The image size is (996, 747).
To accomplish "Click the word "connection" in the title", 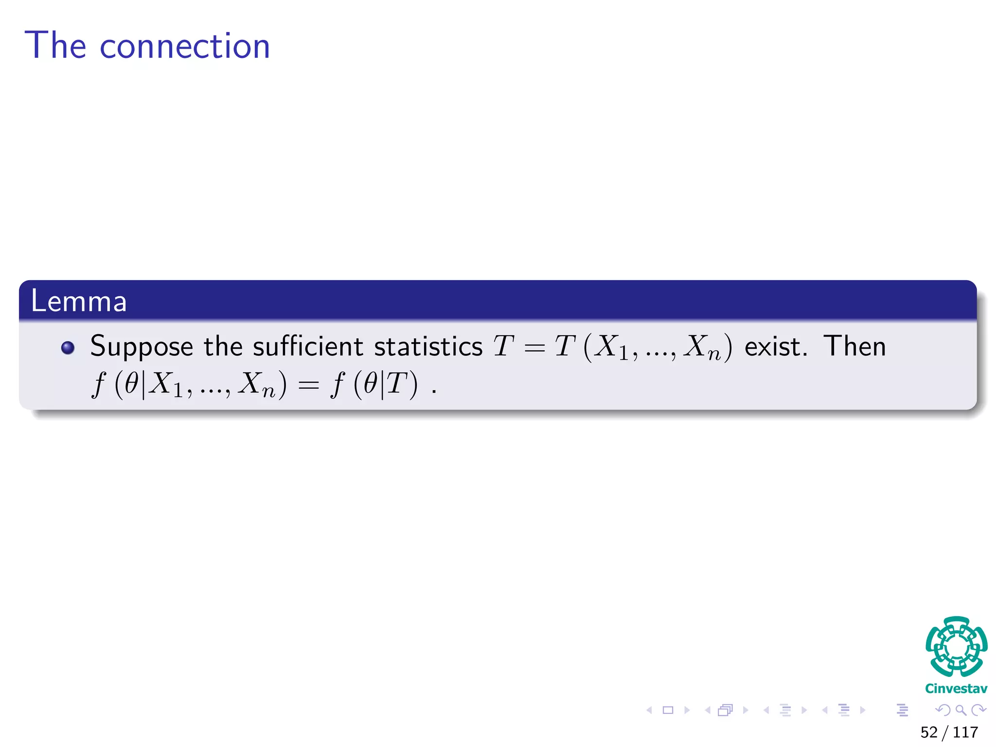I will coord(184,47).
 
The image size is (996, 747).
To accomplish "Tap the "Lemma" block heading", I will coord(79,301).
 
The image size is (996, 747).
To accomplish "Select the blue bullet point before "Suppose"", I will coord(68,348).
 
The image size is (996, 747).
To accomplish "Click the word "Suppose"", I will coord(142,347).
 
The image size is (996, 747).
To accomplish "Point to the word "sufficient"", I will coord(307,346).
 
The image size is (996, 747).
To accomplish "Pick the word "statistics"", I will coord(428,347).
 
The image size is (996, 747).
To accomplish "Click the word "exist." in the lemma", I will coord(776,347).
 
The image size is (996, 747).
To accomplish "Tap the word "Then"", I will coord(854,346).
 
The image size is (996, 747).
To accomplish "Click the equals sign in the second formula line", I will coord(308,386).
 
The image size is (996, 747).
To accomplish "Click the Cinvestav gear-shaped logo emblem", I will coord(956,646).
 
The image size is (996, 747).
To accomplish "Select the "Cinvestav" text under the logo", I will coord(956,689).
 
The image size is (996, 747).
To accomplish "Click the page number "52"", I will coord(928,732).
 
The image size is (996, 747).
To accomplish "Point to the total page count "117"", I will coord(965,732).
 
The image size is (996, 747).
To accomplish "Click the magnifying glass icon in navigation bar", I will coord(960,710).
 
